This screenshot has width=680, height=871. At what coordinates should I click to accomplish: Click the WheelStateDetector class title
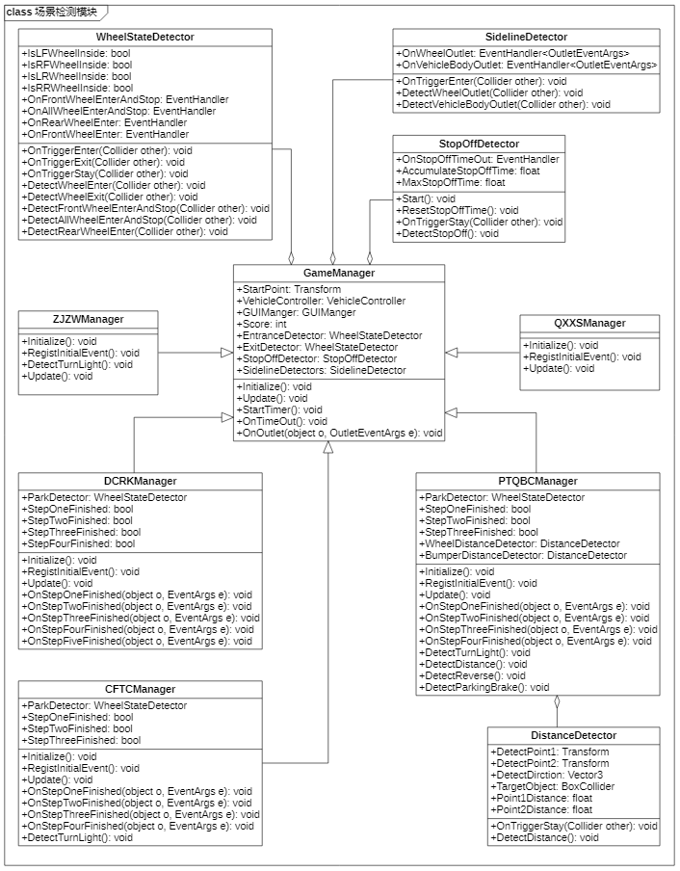click(x=145, y=37)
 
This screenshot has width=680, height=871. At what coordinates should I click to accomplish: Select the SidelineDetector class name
click(x=526, y=37)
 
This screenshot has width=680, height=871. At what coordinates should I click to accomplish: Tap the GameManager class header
click(x=340, y=273)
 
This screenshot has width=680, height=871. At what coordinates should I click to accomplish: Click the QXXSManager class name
click(x=589, y=323)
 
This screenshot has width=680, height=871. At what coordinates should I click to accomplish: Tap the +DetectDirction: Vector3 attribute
click(x=547, y=775)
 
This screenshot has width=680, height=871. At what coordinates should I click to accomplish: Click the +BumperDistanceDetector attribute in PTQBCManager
click(x=524, y=556)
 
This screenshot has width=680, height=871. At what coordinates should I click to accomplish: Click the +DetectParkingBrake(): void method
click(x=485, y=687)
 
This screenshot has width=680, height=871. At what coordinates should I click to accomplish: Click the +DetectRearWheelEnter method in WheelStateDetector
click(x=124, y=231)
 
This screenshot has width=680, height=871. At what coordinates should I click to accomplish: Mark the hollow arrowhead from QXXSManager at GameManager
click(x=452, y=354)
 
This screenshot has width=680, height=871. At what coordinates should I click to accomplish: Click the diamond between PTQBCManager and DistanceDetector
click(x=556, y=701)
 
